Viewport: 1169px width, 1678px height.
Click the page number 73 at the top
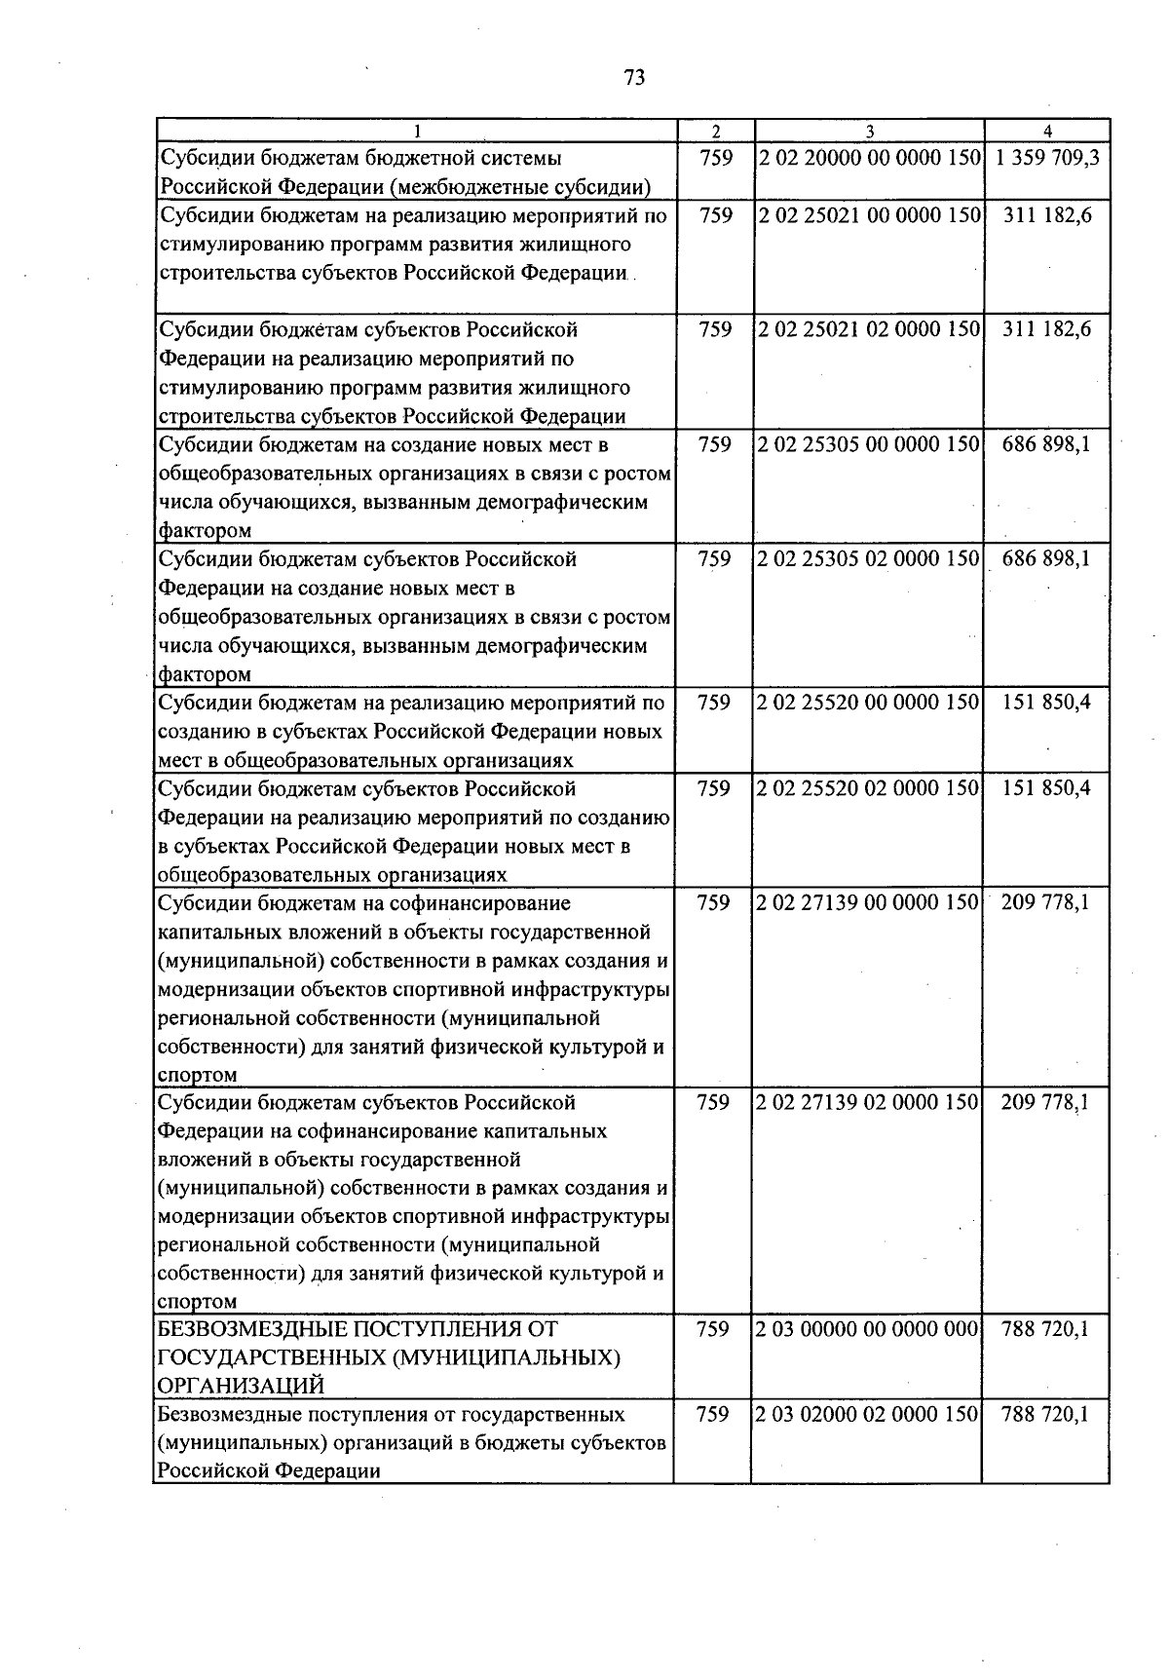pyautogui.click(x=634, y=78)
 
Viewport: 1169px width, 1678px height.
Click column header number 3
pyautogui.click(x=869, y=132)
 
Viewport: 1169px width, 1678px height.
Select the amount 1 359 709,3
pyautogui.click(x=1047, y=158)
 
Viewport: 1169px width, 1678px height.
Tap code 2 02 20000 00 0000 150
pyautogui.click(x=868, y=158)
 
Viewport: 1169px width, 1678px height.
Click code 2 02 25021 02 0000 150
pyautogui.click(x=868, y=329)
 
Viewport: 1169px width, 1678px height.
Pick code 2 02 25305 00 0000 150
pyautogui.click(x=868, y=444)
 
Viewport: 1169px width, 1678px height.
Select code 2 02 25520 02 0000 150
pyautogui.click(x=868, y=788)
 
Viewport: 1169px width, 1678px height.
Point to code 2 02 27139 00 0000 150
pyautogui.click(x=868, y=903)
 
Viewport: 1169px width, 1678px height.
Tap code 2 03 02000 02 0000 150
pyautogui.click(x=868, y=1414)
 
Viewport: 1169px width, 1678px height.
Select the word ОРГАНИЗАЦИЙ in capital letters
pyautogui.click(x=241, y=1386)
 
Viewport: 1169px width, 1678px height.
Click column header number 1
pyautogui.click(x=417, y=132)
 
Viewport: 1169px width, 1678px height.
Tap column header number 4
pyautogui.click(x=1047, y=132)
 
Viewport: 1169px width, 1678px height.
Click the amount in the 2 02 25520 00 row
pyautogui.click(x=1047, y=703)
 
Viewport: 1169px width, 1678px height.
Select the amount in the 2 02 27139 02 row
pyautogui.click(x=1047, y=1102)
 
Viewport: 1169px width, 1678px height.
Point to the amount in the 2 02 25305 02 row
pyautogui.click(x=1047, y=559)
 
